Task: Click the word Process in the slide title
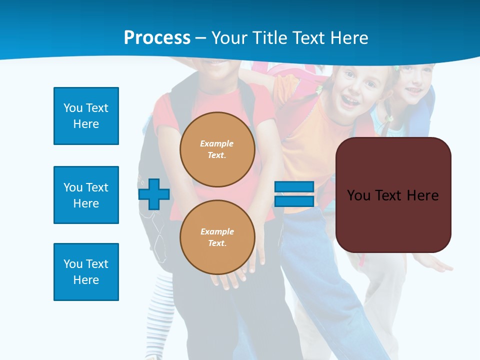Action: [157, 38]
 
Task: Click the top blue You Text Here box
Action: [86, 116]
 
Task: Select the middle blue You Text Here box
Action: [86, 195]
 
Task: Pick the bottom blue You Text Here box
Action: [86, 272]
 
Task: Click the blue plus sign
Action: [153, 194]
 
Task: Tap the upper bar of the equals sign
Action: [294, 187]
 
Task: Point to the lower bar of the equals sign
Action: [294, 201]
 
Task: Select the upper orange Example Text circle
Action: [217, 149]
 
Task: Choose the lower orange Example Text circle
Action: [217, 237]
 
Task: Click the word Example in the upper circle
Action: [217, 143]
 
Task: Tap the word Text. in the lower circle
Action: [217, 243]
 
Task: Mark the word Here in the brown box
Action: [422, 195]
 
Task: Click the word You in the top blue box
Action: [73, 108]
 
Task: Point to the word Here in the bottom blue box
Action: [86, 280]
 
